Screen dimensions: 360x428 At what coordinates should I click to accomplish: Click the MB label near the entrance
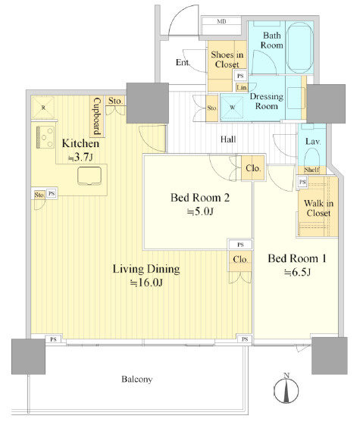221,21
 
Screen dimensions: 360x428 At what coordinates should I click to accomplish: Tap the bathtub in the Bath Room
299,48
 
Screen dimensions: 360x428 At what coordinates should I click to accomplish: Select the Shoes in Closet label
227,59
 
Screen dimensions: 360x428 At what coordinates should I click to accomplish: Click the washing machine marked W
232,108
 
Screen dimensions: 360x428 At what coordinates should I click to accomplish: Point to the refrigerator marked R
43,108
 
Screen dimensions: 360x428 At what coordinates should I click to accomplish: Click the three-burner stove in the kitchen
45,137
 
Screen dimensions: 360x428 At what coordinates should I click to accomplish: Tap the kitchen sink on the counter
89,176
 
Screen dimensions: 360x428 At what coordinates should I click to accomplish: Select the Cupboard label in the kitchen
97,117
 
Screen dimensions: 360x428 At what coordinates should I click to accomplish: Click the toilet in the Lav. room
312,157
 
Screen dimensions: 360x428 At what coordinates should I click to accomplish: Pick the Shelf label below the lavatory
311,170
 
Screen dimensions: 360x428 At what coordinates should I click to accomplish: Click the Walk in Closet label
318,208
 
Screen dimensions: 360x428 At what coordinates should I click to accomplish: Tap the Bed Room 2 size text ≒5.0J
200,211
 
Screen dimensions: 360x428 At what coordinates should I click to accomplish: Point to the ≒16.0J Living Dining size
146,283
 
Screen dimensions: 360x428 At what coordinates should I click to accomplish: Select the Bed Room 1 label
297,258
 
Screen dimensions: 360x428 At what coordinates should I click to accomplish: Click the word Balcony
137,380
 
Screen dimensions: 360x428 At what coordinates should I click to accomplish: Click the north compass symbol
286,389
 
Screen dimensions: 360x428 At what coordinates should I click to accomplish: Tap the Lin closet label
242,87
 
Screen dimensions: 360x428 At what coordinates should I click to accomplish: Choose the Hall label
228,139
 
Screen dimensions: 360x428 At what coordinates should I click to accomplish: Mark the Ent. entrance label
183,63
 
